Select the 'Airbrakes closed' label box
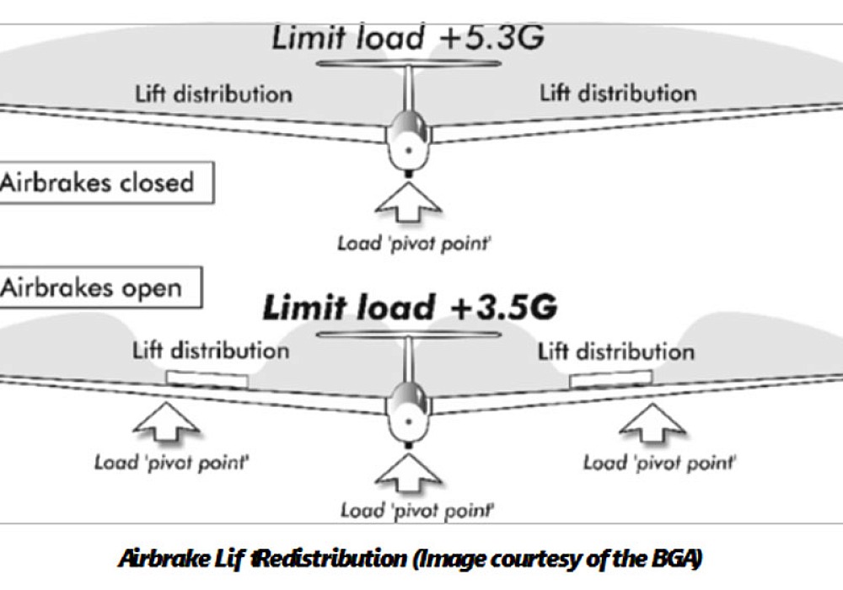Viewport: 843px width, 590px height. tap(106, 183)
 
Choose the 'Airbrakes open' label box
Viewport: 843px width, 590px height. tap(100, 287)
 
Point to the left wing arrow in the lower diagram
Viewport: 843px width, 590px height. tap(166, 421)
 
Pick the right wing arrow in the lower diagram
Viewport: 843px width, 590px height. tap(652, 423)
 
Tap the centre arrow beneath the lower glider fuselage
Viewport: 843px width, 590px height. tap(409, 473)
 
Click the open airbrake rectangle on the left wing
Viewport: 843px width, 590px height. tap(207, 378)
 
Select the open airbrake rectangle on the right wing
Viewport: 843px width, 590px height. tap(610, 378)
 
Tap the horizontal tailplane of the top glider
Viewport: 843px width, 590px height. tap(409, 63)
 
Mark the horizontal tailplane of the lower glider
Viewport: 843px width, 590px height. tap(409, 335)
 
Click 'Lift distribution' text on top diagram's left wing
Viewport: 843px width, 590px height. tap(213, 94)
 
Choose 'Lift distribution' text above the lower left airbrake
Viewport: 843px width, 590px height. tap(211, 351)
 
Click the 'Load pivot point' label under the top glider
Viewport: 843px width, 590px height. tap(414, 244)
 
